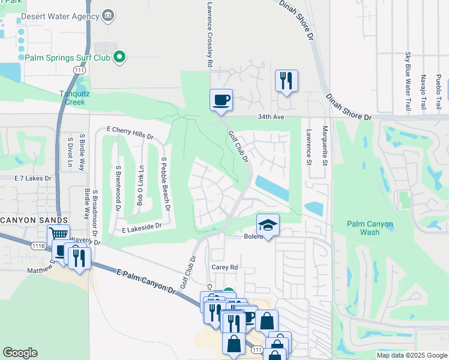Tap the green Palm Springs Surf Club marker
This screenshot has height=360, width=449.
[119, 58]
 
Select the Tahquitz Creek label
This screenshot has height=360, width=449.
[80, 97]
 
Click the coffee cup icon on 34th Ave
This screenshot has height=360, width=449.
[221, 99]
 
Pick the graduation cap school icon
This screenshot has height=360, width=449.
[268, 225]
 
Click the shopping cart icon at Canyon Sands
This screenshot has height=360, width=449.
[58, 235]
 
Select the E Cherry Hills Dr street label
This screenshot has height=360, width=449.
[130, 130]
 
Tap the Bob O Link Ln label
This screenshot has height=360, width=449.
[140, 186]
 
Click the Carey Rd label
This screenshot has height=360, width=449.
[224, 267]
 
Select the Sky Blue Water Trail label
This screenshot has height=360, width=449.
[408, 81]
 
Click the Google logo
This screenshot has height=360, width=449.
[20, 353]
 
